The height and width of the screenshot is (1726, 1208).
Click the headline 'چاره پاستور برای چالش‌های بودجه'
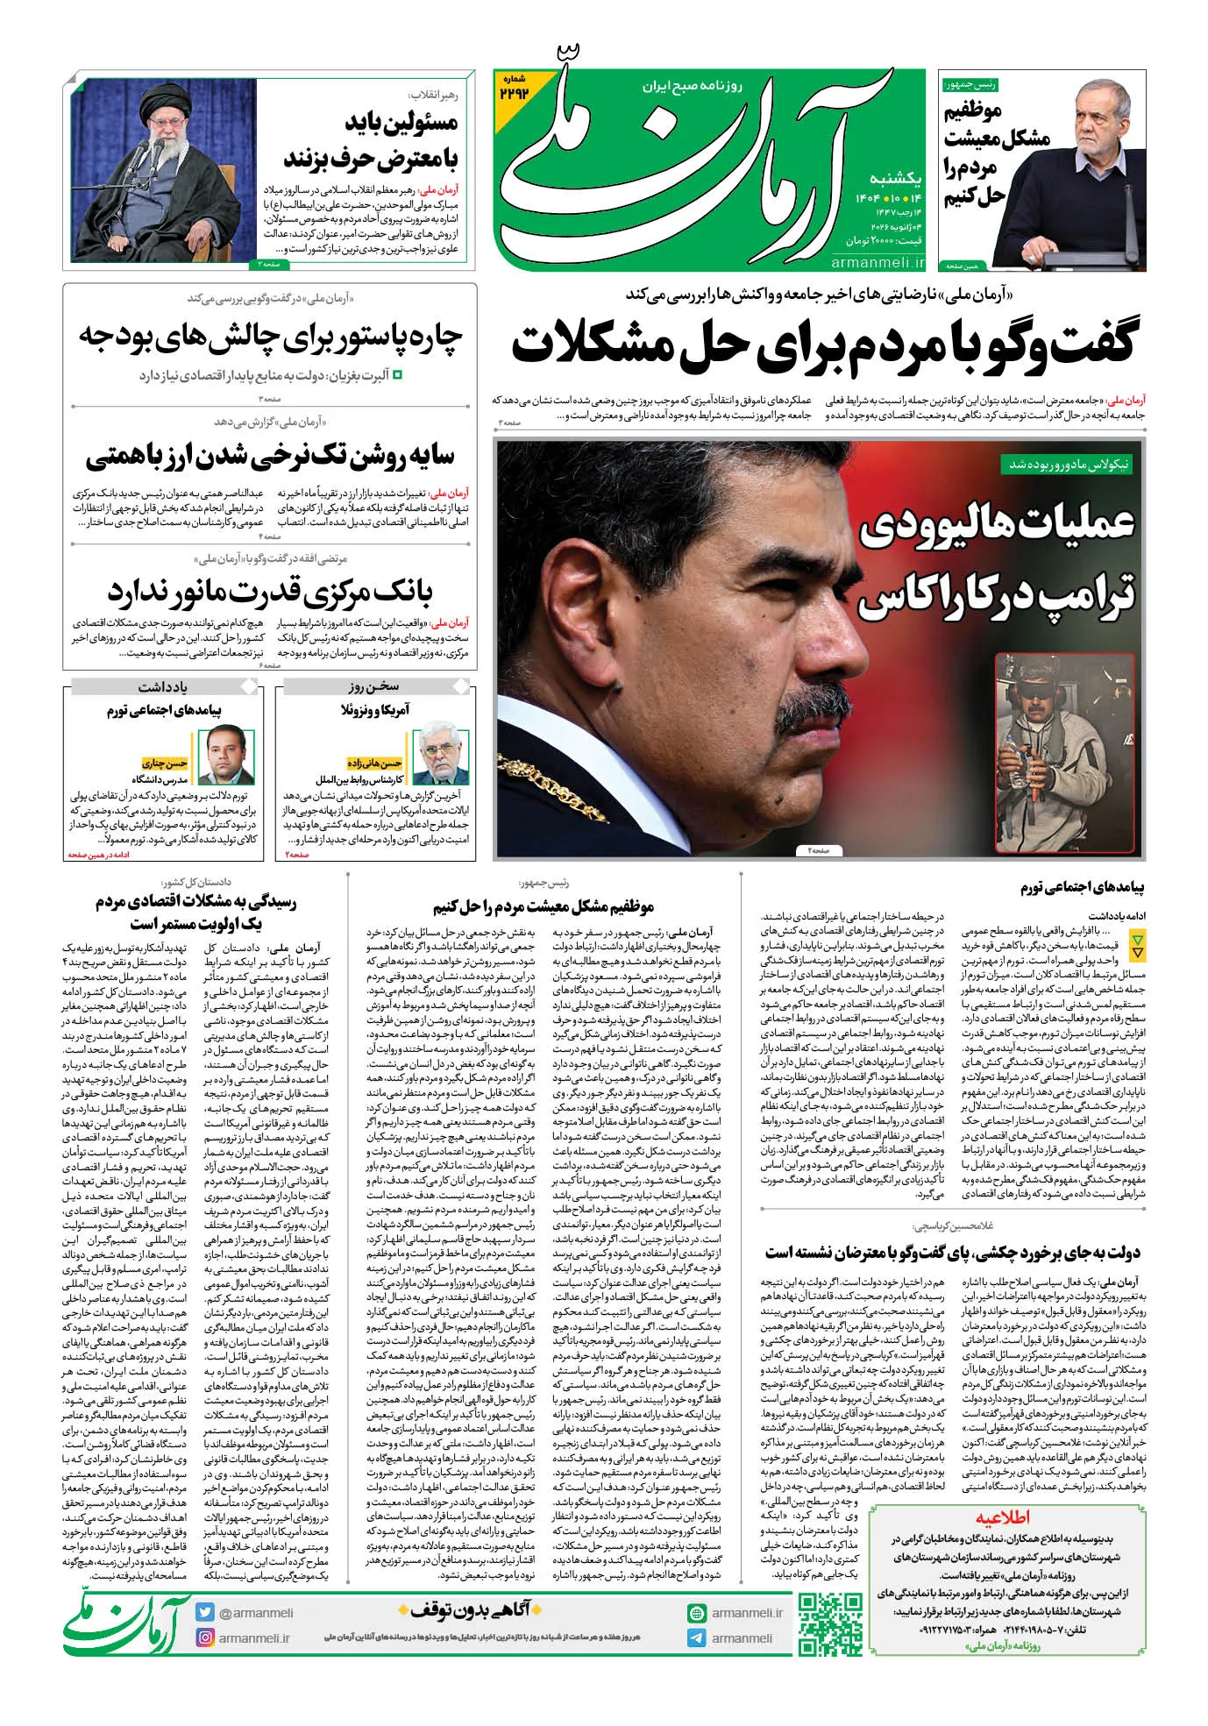pos(271,337)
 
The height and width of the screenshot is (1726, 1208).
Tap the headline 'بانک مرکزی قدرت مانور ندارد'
pos(271,594)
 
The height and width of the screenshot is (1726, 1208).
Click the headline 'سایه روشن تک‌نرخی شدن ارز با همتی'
pos(271,457)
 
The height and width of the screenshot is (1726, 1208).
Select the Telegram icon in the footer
pos(697,1637)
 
